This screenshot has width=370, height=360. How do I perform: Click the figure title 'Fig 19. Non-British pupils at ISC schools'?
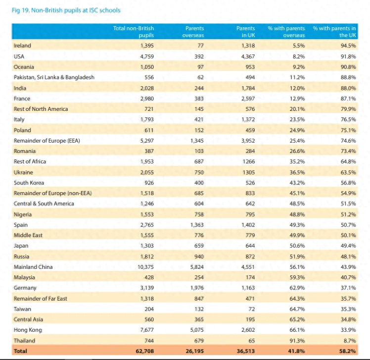point(66,10)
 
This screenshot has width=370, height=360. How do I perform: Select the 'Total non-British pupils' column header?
point(134,32)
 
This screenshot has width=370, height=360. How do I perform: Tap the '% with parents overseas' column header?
point(286,32)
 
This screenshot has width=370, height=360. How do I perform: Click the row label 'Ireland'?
point(22,46)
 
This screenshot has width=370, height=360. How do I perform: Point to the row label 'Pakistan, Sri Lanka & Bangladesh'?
point(54,77)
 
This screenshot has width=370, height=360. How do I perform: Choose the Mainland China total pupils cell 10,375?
point(145,267)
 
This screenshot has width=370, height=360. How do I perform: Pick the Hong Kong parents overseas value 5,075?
point(197,330)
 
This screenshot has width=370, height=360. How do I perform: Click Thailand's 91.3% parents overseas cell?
point(297,341)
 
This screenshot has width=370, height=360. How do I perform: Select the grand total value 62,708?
point(144,351)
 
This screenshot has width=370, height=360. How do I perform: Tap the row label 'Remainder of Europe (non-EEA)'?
point(52,193)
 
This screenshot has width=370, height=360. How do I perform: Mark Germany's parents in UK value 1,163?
point(248,288)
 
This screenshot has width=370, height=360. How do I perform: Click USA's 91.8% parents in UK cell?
point(348,56)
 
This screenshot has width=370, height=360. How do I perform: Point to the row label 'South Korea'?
point(29,183)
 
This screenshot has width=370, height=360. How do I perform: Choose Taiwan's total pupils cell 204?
point(149,309)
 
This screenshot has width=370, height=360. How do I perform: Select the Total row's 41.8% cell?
point(296,351)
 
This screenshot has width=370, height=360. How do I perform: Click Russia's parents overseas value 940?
point(199,257)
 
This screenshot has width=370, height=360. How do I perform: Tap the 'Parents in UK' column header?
point(246,32)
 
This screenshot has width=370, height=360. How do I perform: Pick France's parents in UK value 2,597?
point(248,99)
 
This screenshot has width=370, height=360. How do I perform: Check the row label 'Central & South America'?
point(44,204)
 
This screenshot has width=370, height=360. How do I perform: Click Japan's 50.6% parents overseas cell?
point(297,246)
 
